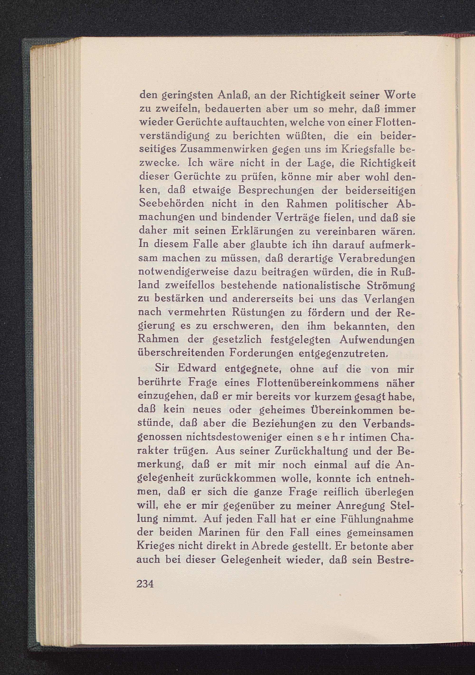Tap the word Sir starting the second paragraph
pos(163,368)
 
